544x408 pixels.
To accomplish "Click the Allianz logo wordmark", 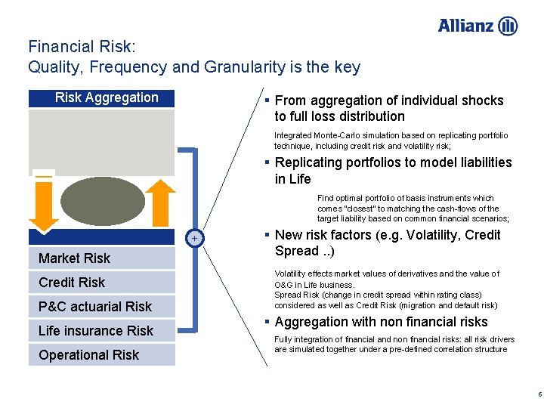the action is coord(467,26).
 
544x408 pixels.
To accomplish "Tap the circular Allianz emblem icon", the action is coord(508,26).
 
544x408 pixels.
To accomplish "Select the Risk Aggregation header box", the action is coord(101,97).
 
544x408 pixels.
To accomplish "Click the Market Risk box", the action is coord(101,258).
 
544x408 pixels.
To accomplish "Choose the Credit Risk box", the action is coord(101,283).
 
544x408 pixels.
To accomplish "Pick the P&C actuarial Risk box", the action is coord(101,307).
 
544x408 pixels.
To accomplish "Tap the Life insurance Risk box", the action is coord(101,331).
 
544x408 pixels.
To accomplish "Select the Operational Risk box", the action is coord(101,355).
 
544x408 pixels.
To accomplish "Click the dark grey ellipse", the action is coord(102,201).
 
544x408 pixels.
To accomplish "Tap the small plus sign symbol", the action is coord(194,239).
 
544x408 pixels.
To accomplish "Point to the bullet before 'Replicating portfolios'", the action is coord(267,162).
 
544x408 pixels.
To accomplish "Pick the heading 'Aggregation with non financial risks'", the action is coord(382,323).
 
